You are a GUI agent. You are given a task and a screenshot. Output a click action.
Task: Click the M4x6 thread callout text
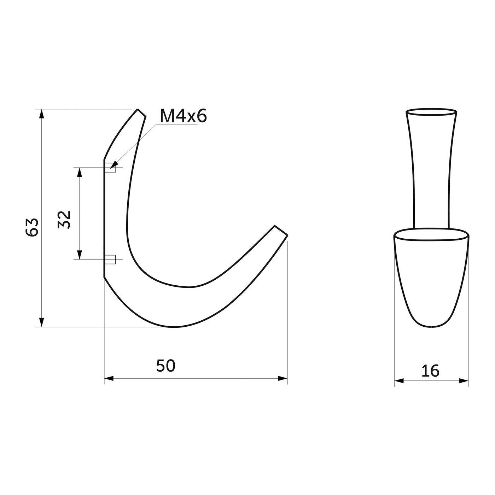tap(183, 116)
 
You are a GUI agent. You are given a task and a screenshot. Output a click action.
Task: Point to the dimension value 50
tap(166, 366)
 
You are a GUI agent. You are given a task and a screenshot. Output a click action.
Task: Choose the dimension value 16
tap(430, 371)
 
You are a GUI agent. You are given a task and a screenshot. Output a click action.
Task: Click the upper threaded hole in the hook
tap(110, 168)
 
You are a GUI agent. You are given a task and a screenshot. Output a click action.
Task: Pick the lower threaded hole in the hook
tap(110, 260)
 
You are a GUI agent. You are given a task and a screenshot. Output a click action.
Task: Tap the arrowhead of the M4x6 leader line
tap(114, 165)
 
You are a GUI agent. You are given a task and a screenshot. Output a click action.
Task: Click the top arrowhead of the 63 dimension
tap(42, 114)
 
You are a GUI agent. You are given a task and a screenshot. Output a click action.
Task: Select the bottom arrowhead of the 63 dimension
tap(42, 322)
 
